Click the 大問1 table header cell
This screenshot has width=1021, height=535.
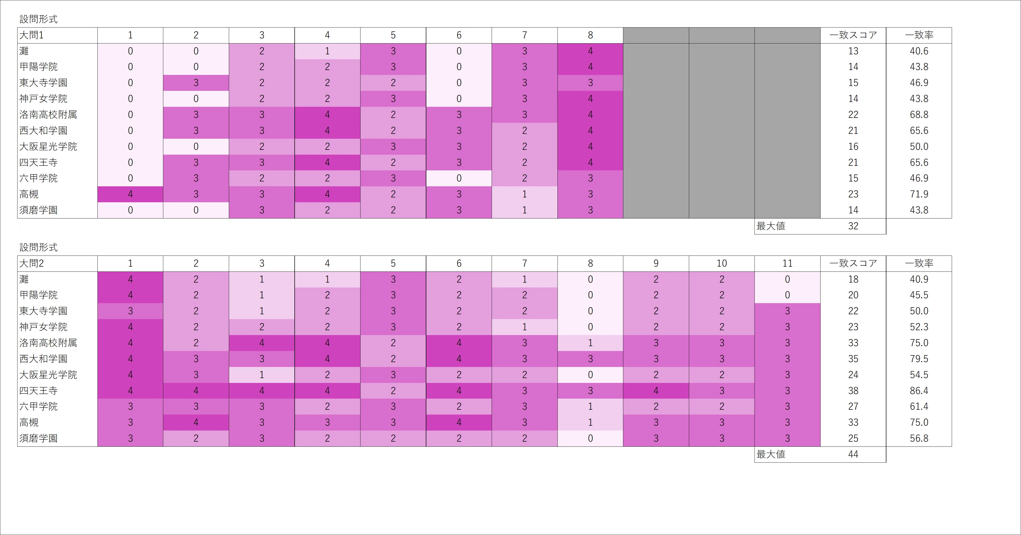coord(58,35)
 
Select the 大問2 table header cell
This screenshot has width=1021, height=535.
coord(58,263)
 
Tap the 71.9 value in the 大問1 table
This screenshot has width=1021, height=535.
coord(919,194)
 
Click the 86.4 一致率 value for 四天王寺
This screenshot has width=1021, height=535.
coord(919,391)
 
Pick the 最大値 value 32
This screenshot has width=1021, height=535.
coord(853,226)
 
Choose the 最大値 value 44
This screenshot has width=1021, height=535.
coord(853,454)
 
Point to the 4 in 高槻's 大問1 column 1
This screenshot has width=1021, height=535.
coord(130,194)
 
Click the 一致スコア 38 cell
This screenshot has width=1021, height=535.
coord(853,391)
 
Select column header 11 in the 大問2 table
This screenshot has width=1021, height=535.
coord(787,263)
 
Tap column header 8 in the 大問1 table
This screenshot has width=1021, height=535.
coord(590,35)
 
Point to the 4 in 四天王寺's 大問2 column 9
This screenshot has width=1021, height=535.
coord(656,391)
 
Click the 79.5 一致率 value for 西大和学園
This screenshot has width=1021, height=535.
coord(919,359)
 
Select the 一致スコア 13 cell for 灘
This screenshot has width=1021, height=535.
coord(853,51)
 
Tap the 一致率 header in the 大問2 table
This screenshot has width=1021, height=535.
coord(919,263)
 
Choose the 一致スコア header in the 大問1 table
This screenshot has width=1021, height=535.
coord(853,35)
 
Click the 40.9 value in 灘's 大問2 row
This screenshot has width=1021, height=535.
coord(919,279)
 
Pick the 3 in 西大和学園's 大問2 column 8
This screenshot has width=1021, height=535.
coord(590,359)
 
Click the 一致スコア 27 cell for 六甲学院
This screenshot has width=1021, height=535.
coord(853,407)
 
